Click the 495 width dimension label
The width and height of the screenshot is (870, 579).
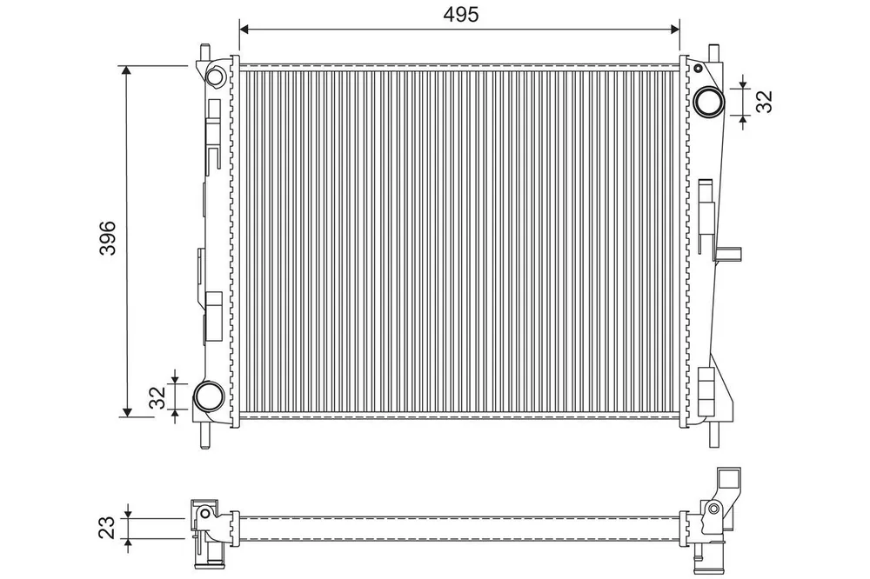point(460,15)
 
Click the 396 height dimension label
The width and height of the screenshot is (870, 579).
point(108,238)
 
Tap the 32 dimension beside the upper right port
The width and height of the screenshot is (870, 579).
point(764,102)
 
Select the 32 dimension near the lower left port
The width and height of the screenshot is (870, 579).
point(158,397)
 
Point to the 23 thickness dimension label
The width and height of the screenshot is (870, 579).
point(106,527)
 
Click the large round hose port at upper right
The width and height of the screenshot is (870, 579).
point(710,102)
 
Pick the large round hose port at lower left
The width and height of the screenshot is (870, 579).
point(209,396)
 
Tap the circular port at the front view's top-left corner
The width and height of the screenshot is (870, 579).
point(215,76)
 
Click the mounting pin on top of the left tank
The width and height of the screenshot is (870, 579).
point(205,51)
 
